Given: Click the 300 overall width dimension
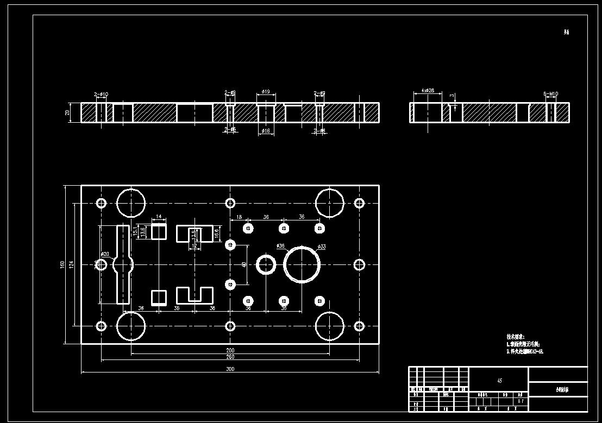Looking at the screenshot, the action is tap(230, 369).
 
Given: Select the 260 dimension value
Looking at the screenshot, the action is tap(230, 357).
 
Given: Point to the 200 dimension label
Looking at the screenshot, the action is tap(230, 350).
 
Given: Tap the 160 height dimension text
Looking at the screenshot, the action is tap(62, 264).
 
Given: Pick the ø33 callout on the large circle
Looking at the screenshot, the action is tap(322, 247).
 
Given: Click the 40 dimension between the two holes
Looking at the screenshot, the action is tap(244, 264).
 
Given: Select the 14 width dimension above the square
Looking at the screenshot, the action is tap(159, 217).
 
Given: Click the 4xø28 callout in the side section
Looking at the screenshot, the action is tap(428, 91).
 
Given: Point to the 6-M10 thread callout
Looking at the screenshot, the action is tap(551, 94).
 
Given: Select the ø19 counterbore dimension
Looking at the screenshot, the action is tap(266, 92).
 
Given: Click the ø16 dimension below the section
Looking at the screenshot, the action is tap(266, 131).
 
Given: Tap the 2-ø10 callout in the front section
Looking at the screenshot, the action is tap(101, 94).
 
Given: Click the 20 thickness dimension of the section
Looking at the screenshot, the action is tap(67, 113).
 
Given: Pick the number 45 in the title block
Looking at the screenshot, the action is tap(499, 381).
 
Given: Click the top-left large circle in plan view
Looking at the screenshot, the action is tap(131, 203).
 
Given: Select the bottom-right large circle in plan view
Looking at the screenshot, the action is tap(330, 326).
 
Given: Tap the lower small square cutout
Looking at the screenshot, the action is tap(159, 298).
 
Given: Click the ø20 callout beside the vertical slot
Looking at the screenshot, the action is tap(105, 254).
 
